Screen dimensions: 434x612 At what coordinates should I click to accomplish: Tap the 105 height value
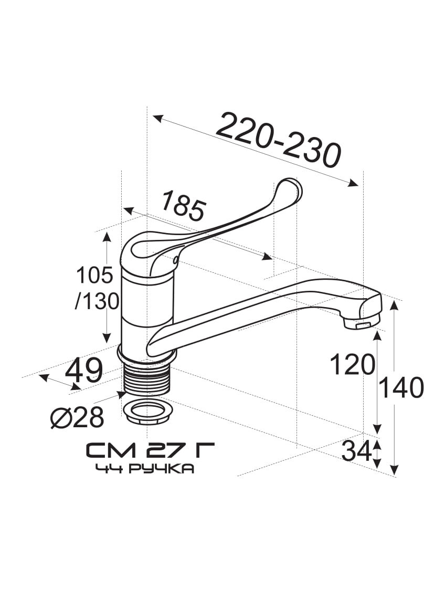click(x=94, y=275)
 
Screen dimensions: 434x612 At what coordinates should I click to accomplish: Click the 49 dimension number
click(x=84, y=370)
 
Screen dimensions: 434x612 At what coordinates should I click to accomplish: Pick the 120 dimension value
click(x=353, y=365)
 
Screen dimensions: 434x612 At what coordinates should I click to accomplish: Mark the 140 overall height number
click(x=401, y=388)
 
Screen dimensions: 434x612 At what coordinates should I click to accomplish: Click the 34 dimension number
click(x=356, y=452)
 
